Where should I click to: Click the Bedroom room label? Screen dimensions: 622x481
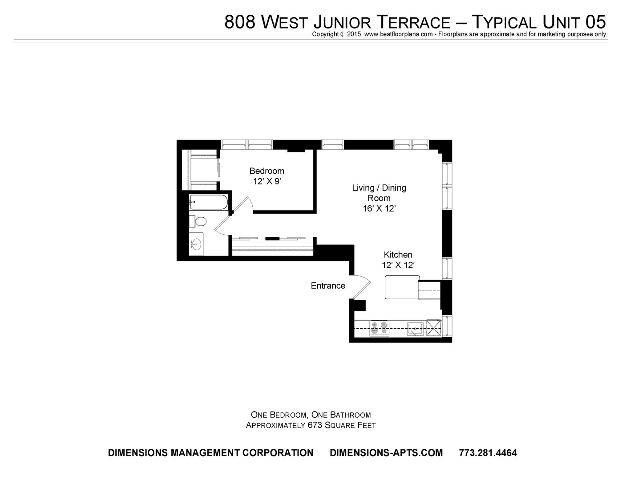(x=267, y=171)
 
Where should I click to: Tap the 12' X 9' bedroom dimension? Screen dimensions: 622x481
(x=267, y=181)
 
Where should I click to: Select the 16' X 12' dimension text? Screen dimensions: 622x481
(x=379, y=208)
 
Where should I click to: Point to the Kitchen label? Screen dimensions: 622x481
(x=398, y=255)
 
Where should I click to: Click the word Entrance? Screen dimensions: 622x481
(x=328, y=285)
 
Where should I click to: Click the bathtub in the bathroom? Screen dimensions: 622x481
(x=208, y=202)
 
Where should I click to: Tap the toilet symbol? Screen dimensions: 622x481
(x=198, y=221)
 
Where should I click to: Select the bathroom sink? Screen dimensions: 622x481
(x=196, y=244)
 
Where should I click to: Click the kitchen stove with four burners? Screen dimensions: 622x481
(x=379, y=328)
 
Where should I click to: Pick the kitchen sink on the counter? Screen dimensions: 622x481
(x=416, y=329)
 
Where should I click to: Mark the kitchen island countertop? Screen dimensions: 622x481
(x=402, y=287)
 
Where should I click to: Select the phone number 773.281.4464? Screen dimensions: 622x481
(x=488, y=453)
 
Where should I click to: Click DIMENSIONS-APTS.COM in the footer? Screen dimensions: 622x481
(x=386, y=453)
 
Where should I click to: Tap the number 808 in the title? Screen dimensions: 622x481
(x=239, y=22)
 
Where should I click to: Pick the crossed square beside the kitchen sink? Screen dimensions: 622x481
(x=434, y=328)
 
